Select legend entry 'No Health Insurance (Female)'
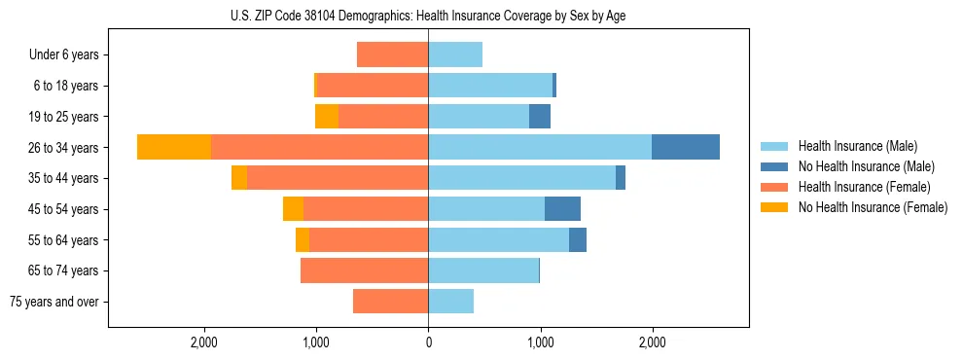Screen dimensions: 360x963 873,207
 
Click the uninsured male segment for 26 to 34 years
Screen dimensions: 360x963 686,147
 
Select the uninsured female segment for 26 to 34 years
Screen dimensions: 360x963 174,147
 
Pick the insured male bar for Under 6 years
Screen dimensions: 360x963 455,54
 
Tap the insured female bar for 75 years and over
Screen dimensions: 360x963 391,302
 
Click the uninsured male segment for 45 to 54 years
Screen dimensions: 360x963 562,208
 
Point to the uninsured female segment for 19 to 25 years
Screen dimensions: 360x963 327,116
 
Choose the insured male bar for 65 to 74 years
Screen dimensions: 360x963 483,270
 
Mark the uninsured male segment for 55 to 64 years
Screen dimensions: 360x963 578,239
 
